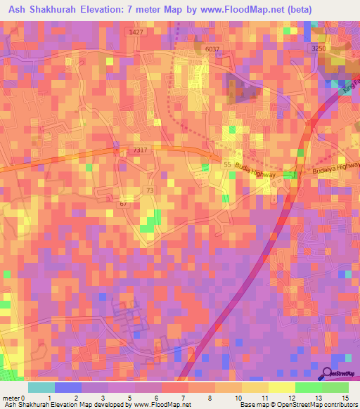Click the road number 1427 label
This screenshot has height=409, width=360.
[x=136, y=32]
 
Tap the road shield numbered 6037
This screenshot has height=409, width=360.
[x=212, y=48]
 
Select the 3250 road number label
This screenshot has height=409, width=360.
[x=319, y=48]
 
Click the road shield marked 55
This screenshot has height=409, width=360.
[x=227, y=163]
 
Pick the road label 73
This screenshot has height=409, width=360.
[x=149, y=190]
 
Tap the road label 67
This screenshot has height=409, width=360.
[x=123, y=204]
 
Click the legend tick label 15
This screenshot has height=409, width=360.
[x=345, y=398]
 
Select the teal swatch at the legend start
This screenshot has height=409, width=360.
[x=41, y=387]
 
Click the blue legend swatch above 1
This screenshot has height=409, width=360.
[x=67, y=387]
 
